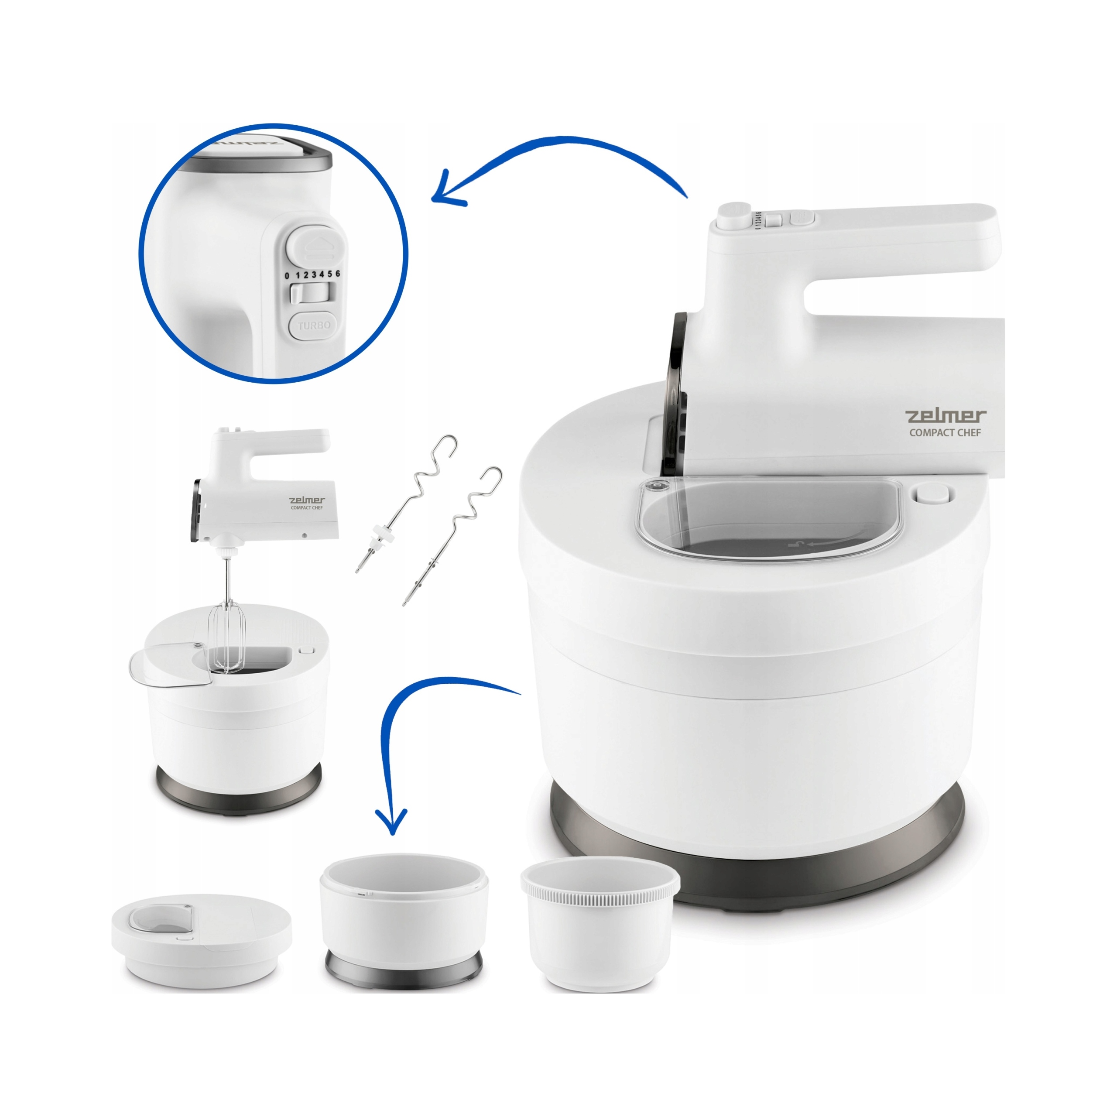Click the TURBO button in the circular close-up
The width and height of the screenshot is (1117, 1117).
314,326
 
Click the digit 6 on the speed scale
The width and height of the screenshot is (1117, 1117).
338,274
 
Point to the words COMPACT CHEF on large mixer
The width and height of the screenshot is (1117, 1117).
945,432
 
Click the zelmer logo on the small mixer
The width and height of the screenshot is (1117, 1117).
307,500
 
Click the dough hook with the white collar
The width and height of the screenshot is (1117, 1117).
405,503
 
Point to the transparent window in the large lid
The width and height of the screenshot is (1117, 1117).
769,521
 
